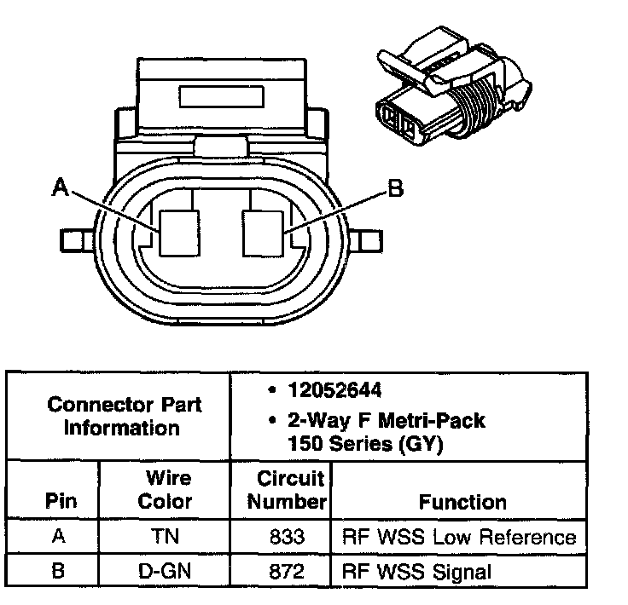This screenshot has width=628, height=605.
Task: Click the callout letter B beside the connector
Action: (x=395, y=188)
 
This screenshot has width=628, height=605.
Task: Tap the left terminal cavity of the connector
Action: (x=180, y=233)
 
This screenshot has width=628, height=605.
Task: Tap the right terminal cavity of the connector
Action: (x=263, y=233)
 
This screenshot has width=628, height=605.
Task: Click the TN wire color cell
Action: (x=165, y=537)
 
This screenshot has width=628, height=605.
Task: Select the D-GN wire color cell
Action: (x=165, y=570)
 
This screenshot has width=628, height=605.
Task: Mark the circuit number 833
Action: (x=281, y=537)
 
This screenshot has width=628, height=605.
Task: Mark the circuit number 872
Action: (x=281, y=570)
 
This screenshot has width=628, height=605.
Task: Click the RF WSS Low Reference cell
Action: (x=458, y=537)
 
